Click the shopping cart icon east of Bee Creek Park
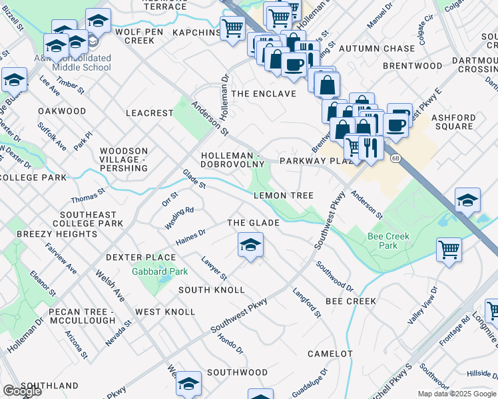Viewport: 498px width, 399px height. tap(449, 250)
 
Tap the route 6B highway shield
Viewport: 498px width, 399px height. tap(395, 158)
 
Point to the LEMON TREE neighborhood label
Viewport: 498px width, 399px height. tap(283, 196)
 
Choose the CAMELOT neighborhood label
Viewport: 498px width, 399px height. tap(330, 354)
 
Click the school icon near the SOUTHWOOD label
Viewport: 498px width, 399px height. tap(189, 383)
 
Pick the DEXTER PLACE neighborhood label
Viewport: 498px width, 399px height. tap(140, 257)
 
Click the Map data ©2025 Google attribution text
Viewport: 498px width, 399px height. tap(457, 394)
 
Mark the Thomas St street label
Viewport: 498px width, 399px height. tap(89, 196)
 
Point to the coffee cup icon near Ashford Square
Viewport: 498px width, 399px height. tap(395, 124)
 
